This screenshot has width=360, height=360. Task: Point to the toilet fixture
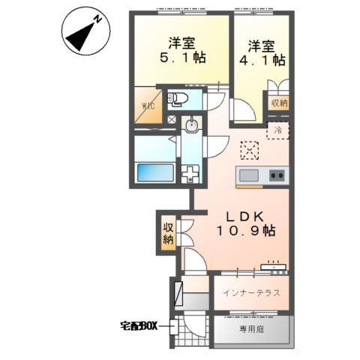tap(177, 99)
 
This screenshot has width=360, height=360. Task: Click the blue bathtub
tap(154, 172)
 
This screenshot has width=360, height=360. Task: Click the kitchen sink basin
tap(248, 176)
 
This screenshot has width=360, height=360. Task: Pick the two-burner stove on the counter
tap(276, 176)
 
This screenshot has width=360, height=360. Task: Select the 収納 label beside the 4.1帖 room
tap(278, 102)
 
